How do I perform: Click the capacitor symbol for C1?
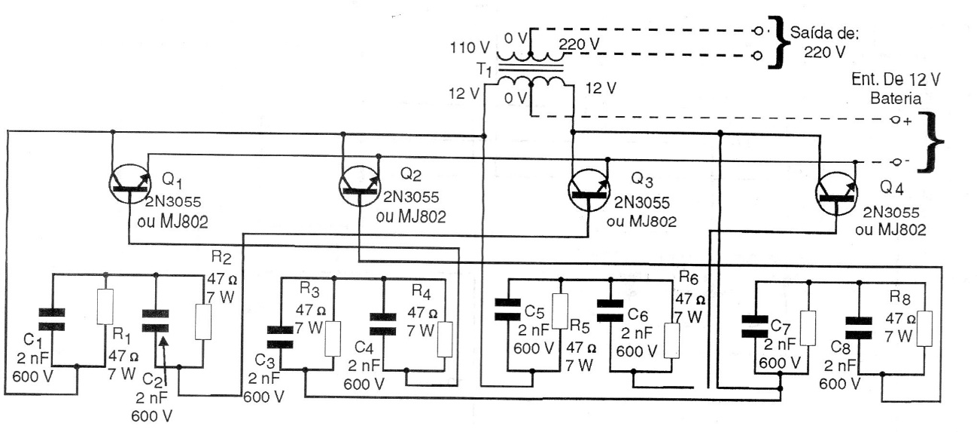[52, 318]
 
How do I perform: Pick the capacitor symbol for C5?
[509, 311]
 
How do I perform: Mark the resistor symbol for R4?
[443, 332]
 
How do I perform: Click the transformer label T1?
[486, 70]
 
